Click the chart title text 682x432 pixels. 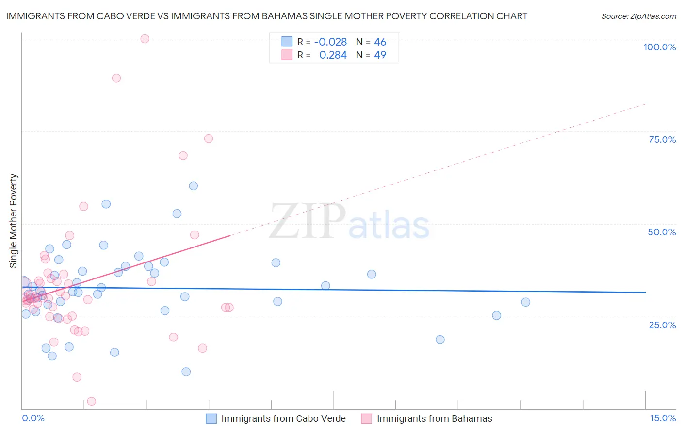(266, 16)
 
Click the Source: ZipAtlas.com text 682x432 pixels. (638, 16)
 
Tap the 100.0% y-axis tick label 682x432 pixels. (659, 47)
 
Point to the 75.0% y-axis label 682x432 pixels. (662, 139)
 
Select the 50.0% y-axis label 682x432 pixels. (662, 232)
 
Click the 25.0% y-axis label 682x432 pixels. (662, 325)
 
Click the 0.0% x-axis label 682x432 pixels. (33, 418)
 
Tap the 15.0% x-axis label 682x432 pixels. (663, 418)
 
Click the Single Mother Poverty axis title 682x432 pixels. (14, 221)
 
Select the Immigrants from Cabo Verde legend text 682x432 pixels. (283, 418)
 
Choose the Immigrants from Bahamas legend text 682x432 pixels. (434, 418)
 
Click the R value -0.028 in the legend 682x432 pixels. (330, 42)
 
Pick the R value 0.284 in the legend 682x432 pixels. (333, 55)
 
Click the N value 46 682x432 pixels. (380, 42)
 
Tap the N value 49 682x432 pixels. (380, 55)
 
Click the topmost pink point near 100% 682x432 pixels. (145, 39)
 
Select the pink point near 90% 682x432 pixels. (116, 78)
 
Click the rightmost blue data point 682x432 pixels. (525, 302)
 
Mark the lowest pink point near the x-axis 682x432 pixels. (91, 401)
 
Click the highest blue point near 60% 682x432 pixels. (193, 186)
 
